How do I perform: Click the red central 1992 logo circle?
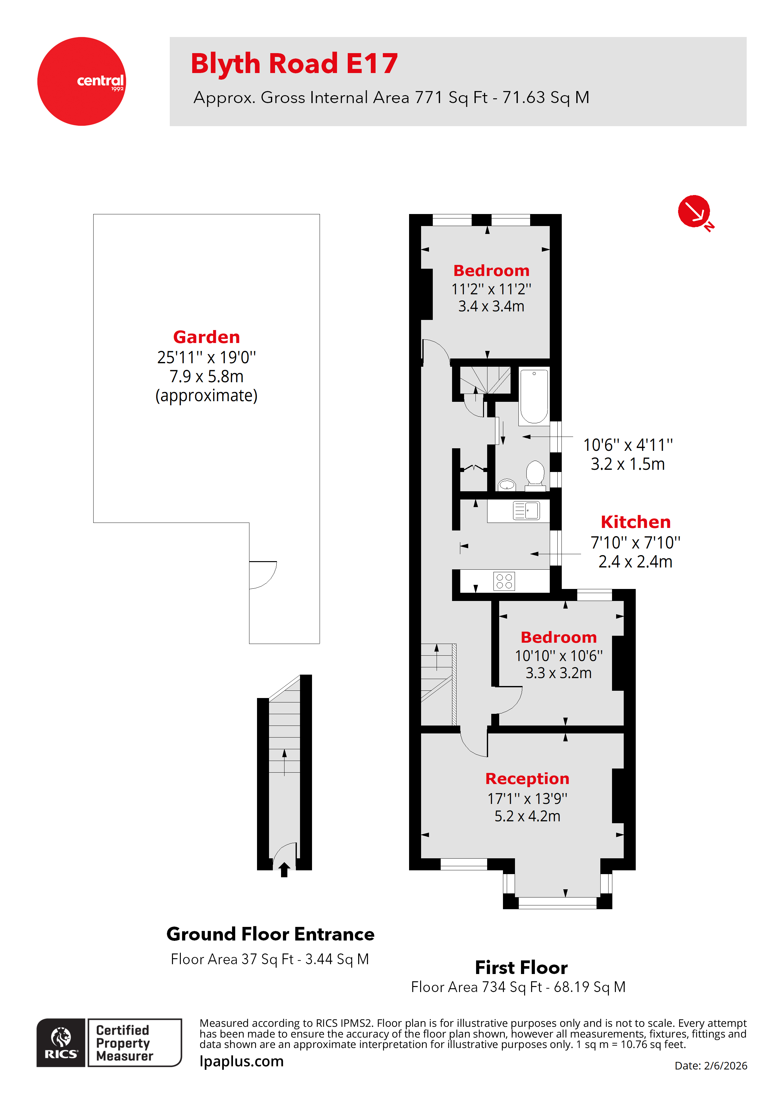(x=81, y=81)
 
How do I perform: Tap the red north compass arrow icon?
(x=694, y=211)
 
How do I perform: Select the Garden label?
(x=206, y=337)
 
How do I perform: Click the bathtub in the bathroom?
(x=534, y=396)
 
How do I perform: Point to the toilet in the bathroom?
(x=535, y=473)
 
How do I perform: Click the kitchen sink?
(x=526, y=511)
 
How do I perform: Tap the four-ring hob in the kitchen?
(x=504, y=581)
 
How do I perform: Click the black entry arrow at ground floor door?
(x=284, y=869)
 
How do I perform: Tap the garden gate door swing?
(x=262, y=575)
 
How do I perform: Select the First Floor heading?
(x=521, y=967)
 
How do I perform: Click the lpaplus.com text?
(x=242, y=1061)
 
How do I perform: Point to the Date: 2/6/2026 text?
(x=711, y=1065)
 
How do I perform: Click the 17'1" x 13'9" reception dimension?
(x=527, y=799)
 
